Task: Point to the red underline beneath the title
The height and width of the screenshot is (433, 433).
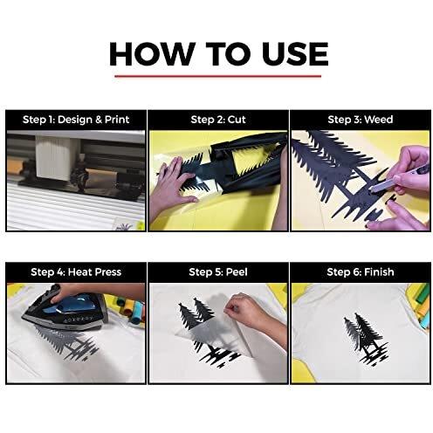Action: point(217,76)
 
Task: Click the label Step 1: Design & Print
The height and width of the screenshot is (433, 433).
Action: point(76,120)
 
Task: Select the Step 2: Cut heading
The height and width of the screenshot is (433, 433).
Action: point(218,120)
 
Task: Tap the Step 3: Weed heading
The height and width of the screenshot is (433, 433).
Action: point(361,120)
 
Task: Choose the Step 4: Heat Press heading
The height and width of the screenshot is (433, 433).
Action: point(76,272)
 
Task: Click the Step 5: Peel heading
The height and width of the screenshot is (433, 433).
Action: point(218,272)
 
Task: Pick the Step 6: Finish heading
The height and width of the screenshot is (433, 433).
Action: point(361,272)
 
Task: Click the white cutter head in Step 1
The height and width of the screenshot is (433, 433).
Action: point(53,157)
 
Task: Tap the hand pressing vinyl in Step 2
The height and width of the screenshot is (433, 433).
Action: point(172,183)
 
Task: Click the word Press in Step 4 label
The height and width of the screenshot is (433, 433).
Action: point(108,272)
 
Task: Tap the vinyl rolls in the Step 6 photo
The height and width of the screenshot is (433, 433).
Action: point(421,306)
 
